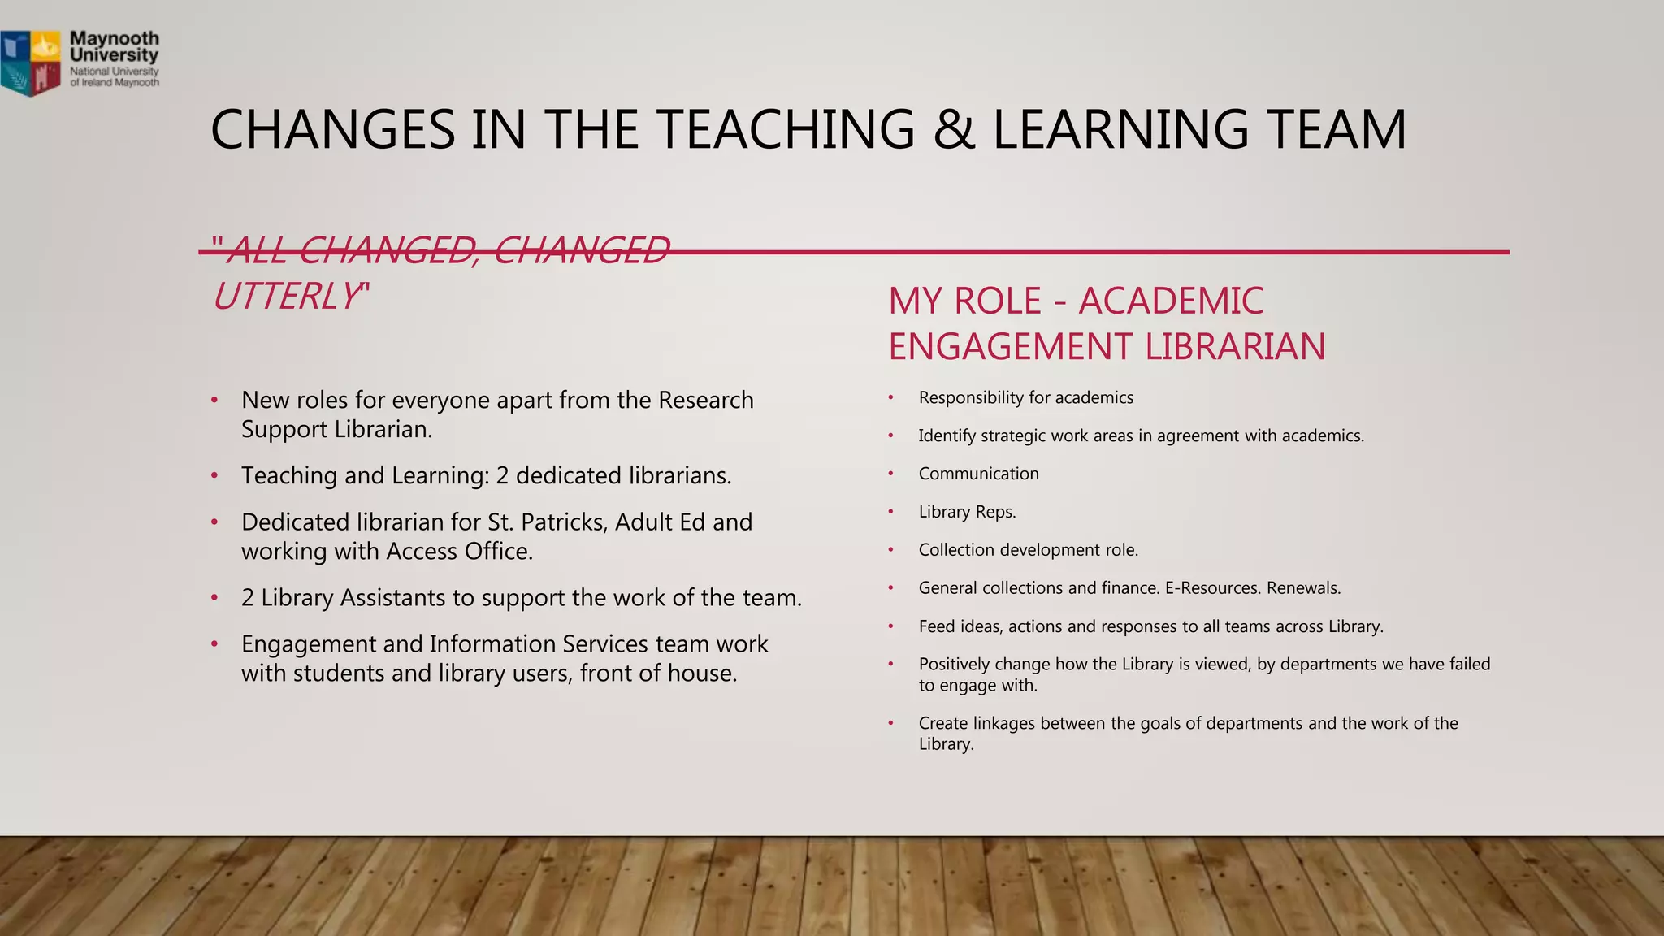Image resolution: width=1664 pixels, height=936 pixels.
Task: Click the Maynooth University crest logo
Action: pyautogui.click(x=32, y=62)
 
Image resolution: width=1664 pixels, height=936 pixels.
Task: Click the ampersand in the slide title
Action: pyautogui.click(x=954, y=130)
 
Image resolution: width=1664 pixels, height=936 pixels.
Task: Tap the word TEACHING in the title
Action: pyautogui.click(x=786, y=130)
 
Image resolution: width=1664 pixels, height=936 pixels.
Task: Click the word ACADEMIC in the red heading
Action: pyautogui.click(x=1171, y=301)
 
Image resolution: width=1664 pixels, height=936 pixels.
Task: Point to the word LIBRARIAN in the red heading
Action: pyautogui.click(x=1235, y=347)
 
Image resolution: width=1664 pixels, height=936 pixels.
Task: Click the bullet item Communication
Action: pyautogui.click(x=978, y=474)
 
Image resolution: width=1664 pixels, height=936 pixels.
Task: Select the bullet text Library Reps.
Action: pyautogui.click(x=967, y=512)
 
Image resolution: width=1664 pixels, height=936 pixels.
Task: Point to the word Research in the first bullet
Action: pyautogui.click(x=705, y=401)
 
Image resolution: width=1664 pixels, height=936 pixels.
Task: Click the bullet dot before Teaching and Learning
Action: pyautogui.click(x=214, y=476)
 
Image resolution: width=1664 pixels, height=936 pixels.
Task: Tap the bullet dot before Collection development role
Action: pyautogui.click(x=890, y=550)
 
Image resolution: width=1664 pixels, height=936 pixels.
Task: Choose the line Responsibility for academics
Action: pyautogui.click(x=1025, y=397)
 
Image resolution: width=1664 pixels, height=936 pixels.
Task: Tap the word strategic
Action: pyautogui.click(x=1013, y=436)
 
